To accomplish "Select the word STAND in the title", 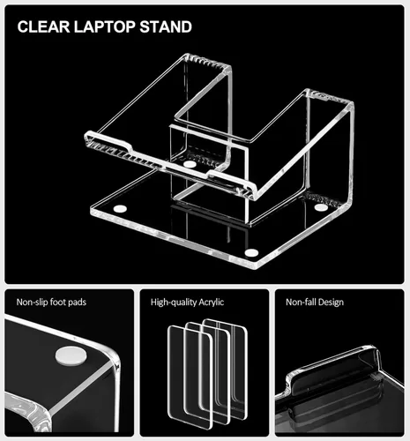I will pos(166,26).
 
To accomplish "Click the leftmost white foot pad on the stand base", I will pos(121,209).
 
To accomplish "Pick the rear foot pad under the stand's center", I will pos(190,164).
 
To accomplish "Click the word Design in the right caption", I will pos(332,303).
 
